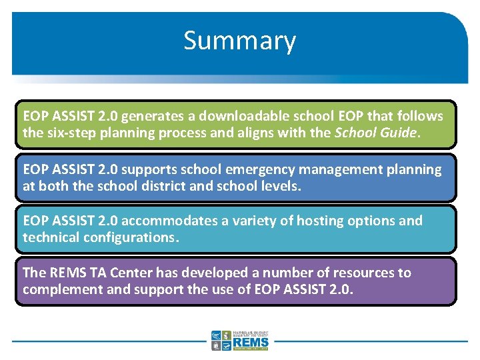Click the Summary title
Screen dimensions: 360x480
239,41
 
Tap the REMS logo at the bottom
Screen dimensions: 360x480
240,340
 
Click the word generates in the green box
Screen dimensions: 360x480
151,116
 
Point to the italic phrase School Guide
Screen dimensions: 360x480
375,132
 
